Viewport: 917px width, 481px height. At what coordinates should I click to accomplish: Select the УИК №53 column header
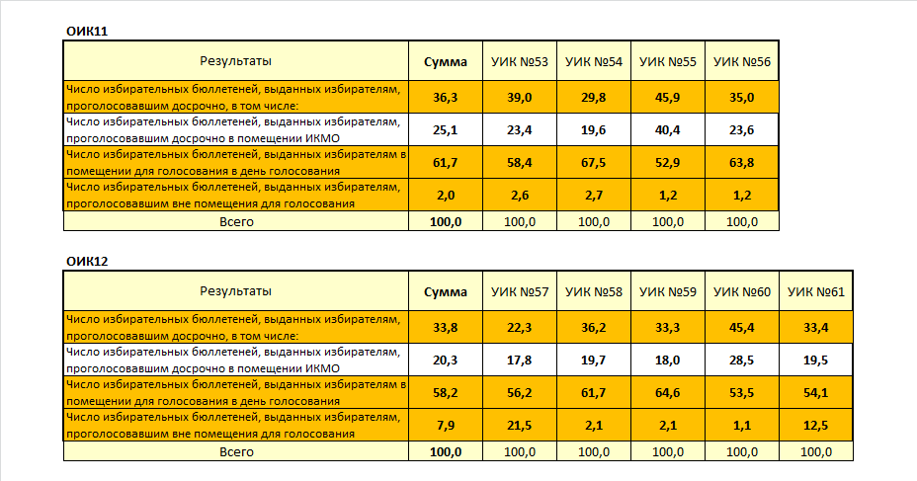pyautogui.click(x=520, y=61)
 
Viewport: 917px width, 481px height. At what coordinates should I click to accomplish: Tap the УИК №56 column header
pyautogui.click(x=742, y=61)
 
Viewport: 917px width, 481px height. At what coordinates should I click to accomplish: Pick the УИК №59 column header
pyautogui.click(x=668, y=291)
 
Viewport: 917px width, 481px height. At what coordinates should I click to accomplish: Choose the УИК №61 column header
pyautogui.click(x=816, y=291)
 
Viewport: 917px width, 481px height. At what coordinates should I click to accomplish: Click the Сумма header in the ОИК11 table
pyautogui.click(x=446, y=61)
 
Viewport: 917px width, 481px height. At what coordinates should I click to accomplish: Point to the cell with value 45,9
pyautogui.click(x=668, y=97)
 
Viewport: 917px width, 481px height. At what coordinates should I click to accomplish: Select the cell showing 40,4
pyautogui.click(x=668, y=129)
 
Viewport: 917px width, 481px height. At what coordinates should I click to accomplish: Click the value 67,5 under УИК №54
pyautogui.click(x=594, y=162)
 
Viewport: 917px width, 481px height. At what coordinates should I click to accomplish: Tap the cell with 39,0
pyautogui.click(x=520, y=97)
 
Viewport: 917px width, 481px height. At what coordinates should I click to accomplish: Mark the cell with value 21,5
pyautogui.click(x=520, y=425)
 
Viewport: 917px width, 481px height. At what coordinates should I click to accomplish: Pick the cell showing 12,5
pyautogui.click(x=816, y=425)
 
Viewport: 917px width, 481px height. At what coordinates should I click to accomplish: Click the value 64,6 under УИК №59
pyautogui.click(x=668, y=392)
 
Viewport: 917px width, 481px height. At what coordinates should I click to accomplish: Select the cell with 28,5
pyautogui.click(x=742, y=360)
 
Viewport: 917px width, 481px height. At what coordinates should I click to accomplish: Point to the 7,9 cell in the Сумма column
pyautogui.click(x=446, y=425)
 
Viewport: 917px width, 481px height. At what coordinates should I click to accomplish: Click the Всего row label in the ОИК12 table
pyautogui.click(x=236, y=451)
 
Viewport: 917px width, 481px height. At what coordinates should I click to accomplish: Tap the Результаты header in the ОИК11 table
pyautogui.click(x=236, y=61)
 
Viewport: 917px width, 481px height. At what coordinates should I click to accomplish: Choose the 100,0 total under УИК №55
pyautogui.click(x=668, y=221)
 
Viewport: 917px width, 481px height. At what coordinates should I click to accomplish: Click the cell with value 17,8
pyautogui.click(x=520, y=360)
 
